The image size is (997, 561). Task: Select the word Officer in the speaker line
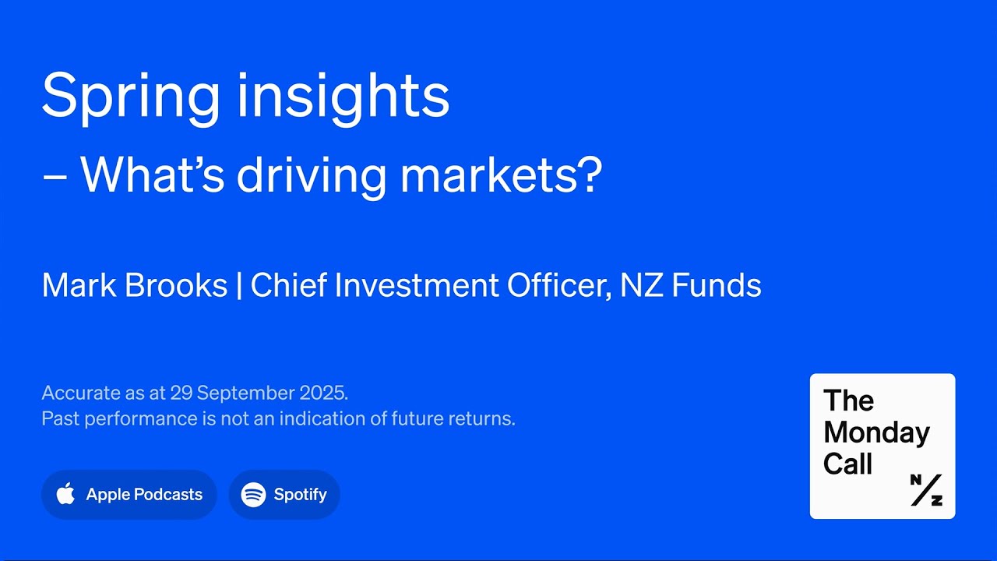(555, 286)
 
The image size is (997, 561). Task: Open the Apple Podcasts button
(129, 494)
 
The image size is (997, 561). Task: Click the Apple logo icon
(66, 493)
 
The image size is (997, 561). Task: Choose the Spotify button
(284, 494)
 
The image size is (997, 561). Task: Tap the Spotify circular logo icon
(253, 494)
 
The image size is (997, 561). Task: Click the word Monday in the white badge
(876, 432)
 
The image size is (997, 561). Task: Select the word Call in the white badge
(847, 464)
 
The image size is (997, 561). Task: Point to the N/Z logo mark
(926, 489)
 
